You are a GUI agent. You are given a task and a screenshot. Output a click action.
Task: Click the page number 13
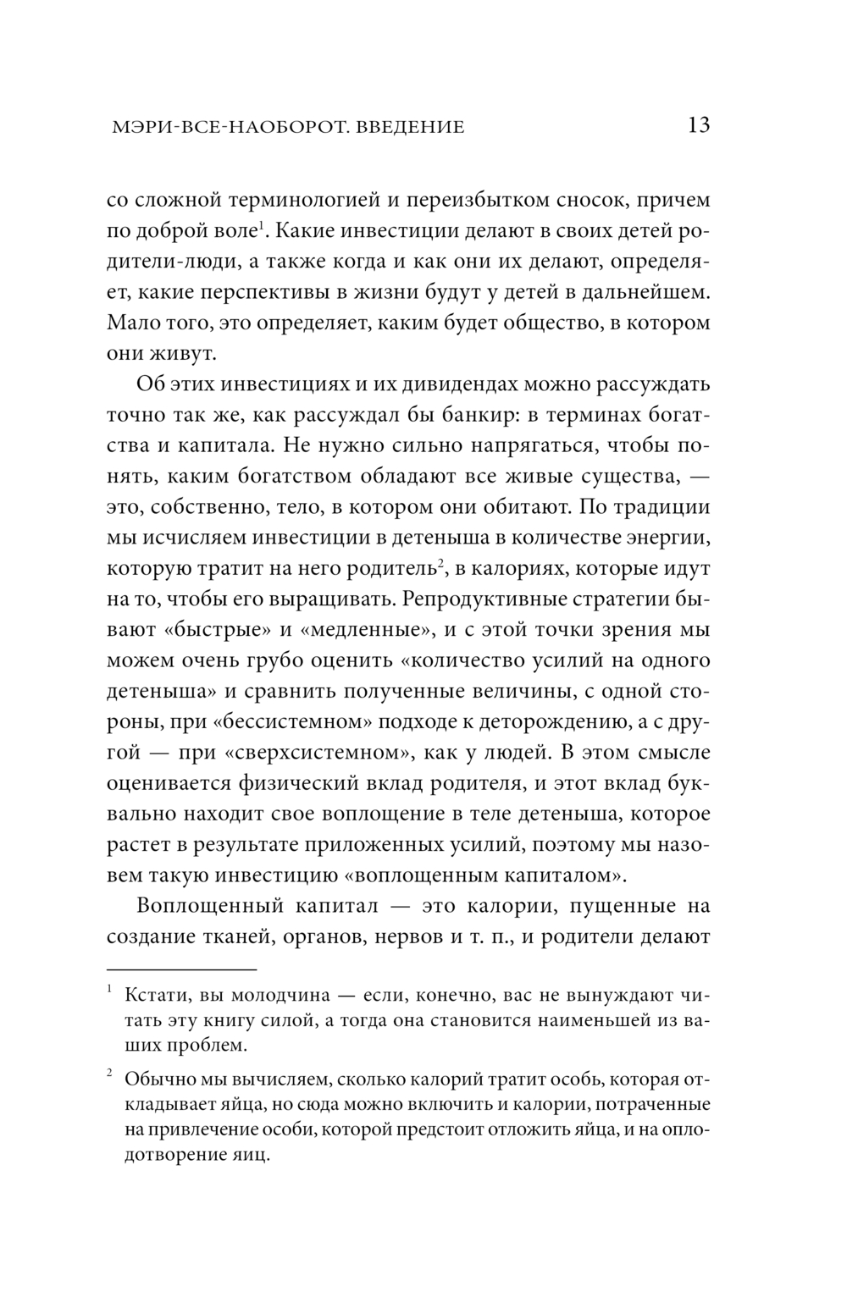[699, 126]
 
